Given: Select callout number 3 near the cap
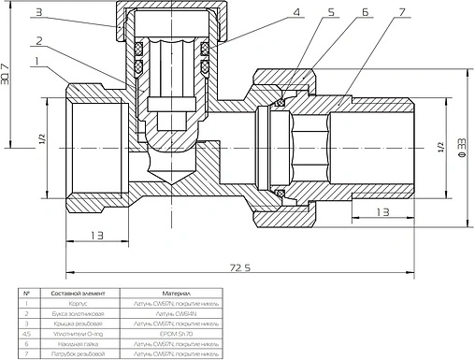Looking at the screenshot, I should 65,12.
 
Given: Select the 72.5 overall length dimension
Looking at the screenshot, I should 240,268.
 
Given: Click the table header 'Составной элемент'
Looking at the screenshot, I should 73,293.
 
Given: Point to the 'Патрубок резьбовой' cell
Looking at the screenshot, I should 73,354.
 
